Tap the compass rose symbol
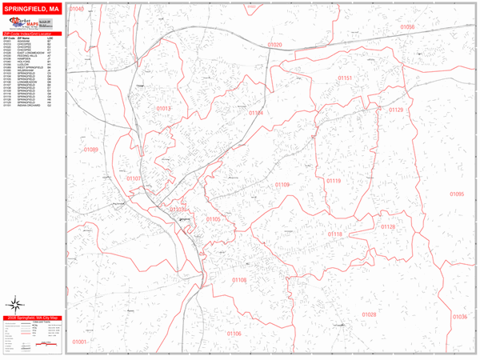click(x=14, y=304)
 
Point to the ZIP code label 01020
click(x=274, y=45)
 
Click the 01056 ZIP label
click(x=407, y=27)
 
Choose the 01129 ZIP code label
click(x=395, y=110)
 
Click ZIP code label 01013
click(x=164, y=108)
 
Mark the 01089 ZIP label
click(x=90, y=150)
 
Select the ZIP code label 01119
click(x=334, y=181)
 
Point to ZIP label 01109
click(x=282, y=185)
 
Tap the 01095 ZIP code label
click(x=456, y=194)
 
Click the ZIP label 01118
click(x=334, y=234)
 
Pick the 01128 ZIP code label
click(x=388, y=227)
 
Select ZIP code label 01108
click(x=239, y=280)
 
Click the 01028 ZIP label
click(x=369, y=314)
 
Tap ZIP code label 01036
click(x=459, y=317)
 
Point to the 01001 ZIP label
click(x=79, y=342)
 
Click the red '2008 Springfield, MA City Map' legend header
click(x=32, y=318)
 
